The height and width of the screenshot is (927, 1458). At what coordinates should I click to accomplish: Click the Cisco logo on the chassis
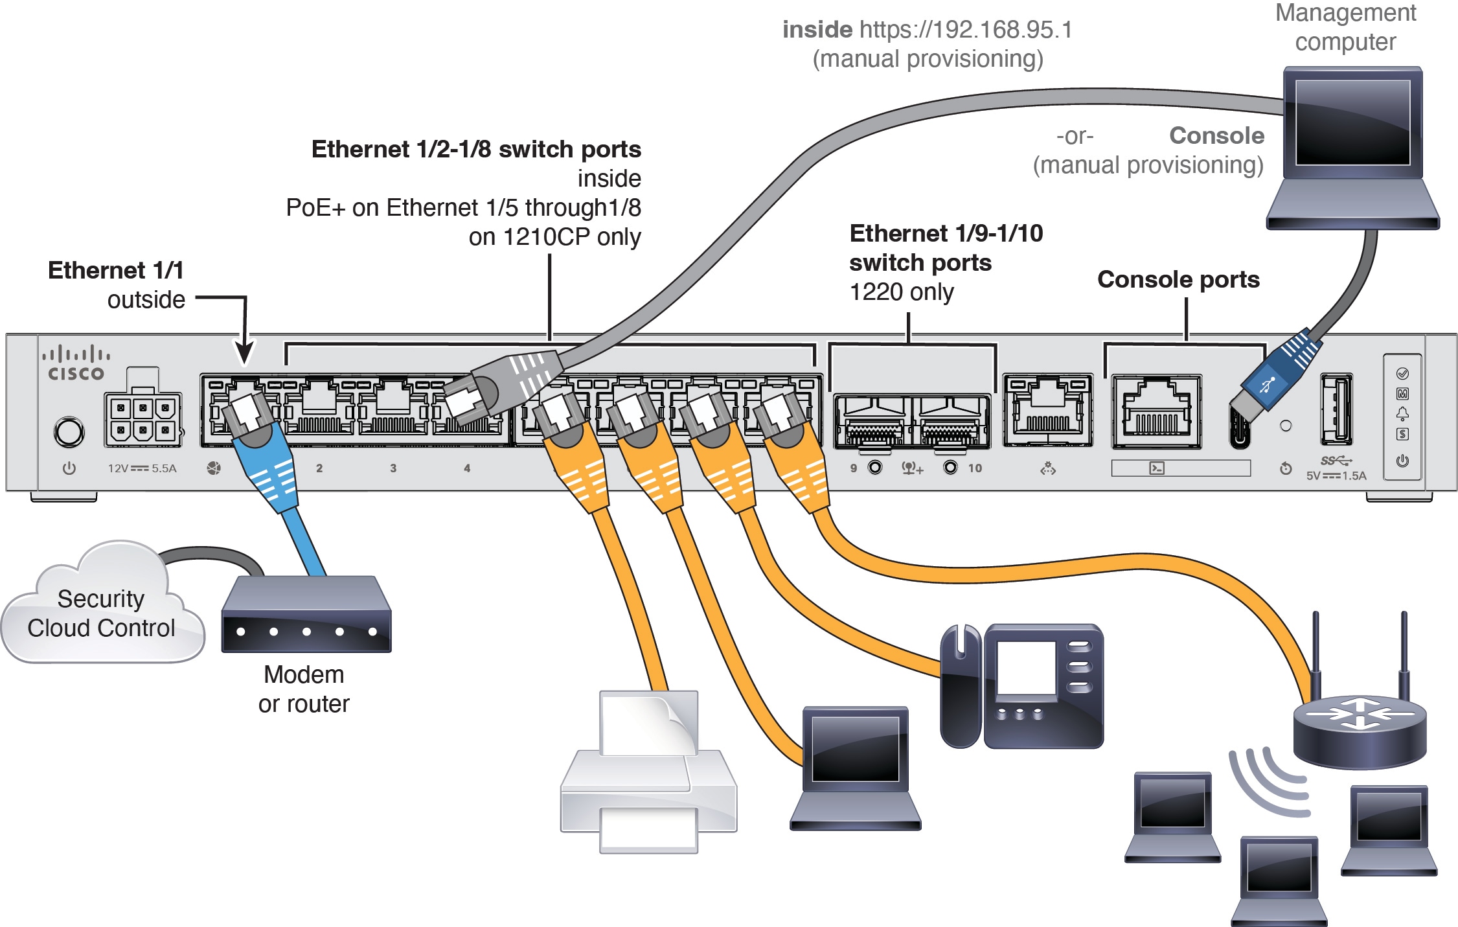(76, 364)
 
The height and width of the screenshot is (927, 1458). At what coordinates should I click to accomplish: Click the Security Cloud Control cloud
(102, 609)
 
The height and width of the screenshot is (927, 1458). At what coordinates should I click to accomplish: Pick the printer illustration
(648, 774)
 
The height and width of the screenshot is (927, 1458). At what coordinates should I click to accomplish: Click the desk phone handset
(960, 687)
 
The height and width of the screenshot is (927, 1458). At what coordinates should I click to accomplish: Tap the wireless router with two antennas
(1359, 726)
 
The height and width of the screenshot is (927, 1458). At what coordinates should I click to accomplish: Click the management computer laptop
(1352, 149)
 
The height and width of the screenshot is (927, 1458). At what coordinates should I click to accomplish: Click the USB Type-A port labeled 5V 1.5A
(1336, 409)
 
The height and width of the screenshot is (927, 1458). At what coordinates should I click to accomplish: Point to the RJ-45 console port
(1156, 411)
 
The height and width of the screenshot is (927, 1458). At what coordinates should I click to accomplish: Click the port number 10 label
(975, 468)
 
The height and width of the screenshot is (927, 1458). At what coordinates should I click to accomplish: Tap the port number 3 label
(393, 468)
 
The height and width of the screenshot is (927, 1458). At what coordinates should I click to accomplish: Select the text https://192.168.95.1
(966, 30)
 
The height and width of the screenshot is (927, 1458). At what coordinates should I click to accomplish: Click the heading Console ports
(1178, 279)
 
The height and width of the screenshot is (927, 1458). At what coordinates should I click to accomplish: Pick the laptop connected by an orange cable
(855, 768)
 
